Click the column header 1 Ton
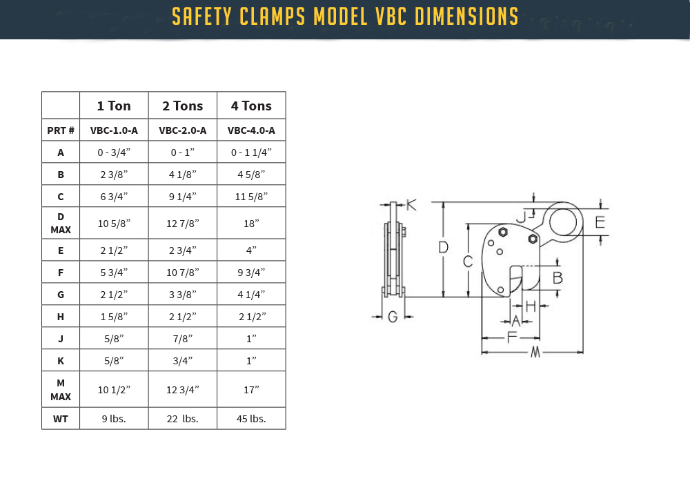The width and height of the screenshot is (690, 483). [x=114, y=106]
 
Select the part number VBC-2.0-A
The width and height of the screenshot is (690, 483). [x=183, y=130]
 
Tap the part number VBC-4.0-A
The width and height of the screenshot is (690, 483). [x=251, y=130]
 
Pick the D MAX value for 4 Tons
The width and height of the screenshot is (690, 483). [x=251, y=223]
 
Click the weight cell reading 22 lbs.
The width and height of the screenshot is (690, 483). [x=183, y=418]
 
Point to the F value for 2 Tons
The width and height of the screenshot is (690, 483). [x=183, y=272]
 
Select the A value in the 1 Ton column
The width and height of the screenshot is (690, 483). [x=114, y=152]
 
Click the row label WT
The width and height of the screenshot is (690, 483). [x=61, y=418]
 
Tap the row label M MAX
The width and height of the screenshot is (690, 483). [x=61, y=390]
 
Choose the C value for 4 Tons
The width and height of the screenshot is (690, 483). [x=251, y=197]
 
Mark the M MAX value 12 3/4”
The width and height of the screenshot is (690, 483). [x=183, y=390]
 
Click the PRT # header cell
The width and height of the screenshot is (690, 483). [x=61, y=130]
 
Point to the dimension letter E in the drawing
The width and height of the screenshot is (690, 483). [x=600, y=222]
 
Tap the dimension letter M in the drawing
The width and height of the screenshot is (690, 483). [x=535, y=353]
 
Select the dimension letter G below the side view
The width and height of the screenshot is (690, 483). [x=393, y=317]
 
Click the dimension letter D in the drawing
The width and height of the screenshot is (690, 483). [x=444, y=247]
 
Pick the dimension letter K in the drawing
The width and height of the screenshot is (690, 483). [x=411, y=205]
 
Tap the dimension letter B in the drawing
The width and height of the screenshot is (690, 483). [x=558, y=278]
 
